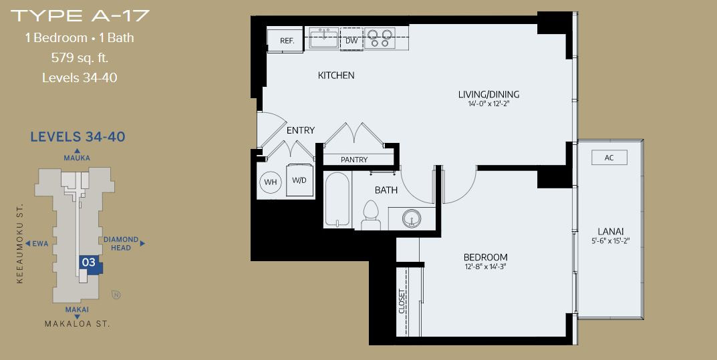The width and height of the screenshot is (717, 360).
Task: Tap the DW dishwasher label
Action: click(x=351, y=41)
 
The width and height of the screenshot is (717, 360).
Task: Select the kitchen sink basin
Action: click(x=323, y=37)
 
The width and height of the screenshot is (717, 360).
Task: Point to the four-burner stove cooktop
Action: click(x=380, y=38)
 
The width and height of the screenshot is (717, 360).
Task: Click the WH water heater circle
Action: click(x=271, y=182)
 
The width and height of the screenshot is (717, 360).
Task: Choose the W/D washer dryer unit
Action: click(x=299, y=180)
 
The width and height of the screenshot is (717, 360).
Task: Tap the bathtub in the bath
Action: click(x=337, y=199)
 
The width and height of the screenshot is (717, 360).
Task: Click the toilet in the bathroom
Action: click(x=371, y=215)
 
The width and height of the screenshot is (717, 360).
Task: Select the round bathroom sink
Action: click(x=412, y=218)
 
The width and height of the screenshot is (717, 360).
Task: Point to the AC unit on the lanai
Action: click(x=609, y=158)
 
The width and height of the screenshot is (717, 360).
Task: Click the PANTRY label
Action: click(x=354, y=160)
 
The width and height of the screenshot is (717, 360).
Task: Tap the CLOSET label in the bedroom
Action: click(x=402, y=301)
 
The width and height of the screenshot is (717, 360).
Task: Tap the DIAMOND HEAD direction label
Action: click(x=121, y=244)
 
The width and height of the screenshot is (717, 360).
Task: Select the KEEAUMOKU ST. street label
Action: click(x=19, y=244)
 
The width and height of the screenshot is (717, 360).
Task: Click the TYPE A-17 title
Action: click(x=80, y=15)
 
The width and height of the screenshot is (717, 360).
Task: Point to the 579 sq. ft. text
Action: click(x=80, y=58)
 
